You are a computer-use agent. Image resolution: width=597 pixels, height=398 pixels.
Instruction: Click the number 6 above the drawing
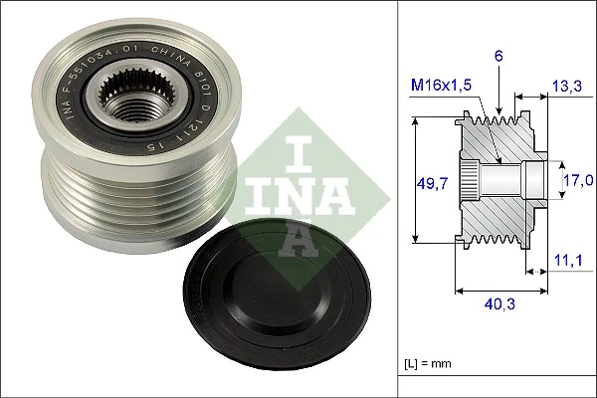499,58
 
